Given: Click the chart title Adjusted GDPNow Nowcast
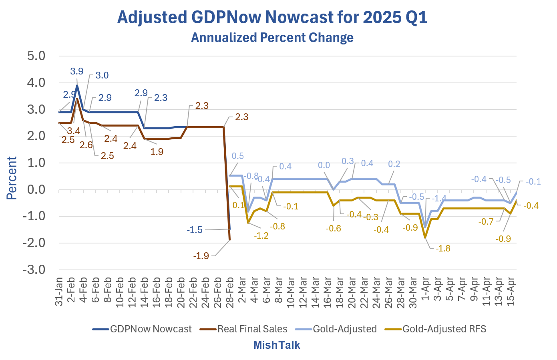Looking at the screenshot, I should (272, 18).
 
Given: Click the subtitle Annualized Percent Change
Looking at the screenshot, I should (272, 38).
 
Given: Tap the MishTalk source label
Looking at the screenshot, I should (277, 345).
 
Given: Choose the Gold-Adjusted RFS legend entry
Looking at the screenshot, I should (444, 329).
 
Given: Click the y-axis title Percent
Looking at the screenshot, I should (12, 178).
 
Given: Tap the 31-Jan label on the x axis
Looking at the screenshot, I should (59, 292).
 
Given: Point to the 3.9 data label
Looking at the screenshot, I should (77, 71).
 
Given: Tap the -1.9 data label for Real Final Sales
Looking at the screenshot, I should (201, 256).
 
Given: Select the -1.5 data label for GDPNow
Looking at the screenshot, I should (195, 230).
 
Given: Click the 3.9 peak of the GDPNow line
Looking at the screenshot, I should (77, 85).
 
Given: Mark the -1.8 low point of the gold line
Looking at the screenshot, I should (425, 238).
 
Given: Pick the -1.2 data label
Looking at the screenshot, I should (261, 235).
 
